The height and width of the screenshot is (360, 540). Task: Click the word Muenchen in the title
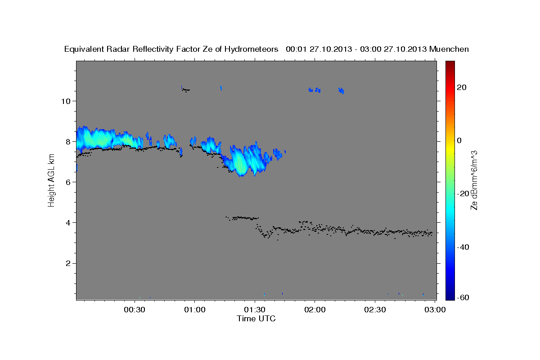(449, 49)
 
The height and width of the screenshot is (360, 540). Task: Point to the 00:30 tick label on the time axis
(135, 310)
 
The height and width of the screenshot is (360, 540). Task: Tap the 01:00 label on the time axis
(195, 310)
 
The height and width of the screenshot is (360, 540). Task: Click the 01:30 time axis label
(255, 310)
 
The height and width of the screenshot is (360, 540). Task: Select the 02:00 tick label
(315, 310)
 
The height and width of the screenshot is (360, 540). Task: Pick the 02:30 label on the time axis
(375, 310)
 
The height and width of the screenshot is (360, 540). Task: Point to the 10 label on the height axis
(65, 101)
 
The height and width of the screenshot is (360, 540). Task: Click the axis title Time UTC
(256, 319)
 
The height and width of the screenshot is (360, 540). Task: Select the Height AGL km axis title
(51, 180)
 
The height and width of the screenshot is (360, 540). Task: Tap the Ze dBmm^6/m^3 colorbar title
(474, 180)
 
